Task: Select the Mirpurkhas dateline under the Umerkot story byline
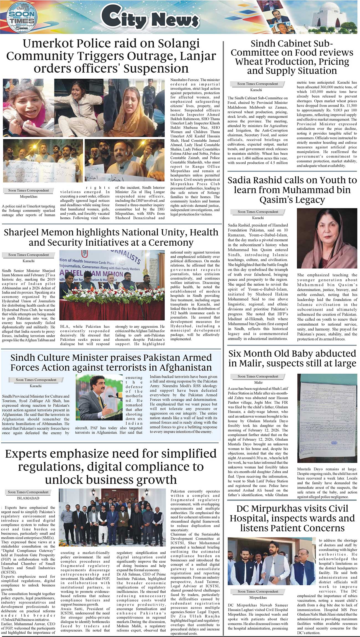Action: pyautogui.click(x=29, y=196)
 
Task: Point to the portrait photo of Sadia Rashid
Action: pyautogui.click(x=327, y=238)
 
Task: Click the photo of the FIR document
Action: pyautogui.click(x=327, y=418)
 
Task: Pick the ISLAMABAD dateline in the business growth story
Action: pyautogui.click(x=28, y=498)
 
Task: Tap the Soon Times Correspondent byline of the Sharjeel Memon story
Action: pyautogui.click(x=28, y=255)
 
